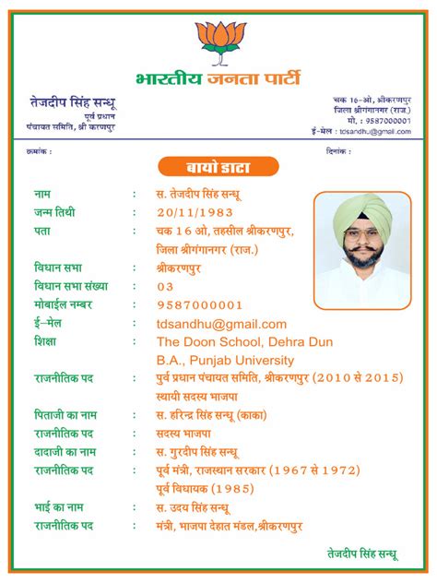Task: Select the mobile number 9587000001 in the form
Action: click(200, 305)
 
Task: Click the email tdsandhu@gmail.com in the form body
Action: click(222, 324)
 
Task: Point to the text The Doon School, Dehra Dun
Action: click(244, 342)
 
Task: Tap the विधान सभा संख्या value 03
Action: click(165, 287)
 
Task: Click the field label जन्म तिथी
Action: click(54, 212)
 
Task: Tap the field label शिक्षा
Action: click(45, 342)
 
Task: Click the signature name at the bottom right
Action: click(362, 554)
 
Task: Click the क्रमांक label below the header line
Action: click(40, 151)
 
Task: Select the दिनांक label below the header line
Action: click(339, 151)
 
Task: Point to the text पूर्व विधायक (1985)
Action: click(206, 489)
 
